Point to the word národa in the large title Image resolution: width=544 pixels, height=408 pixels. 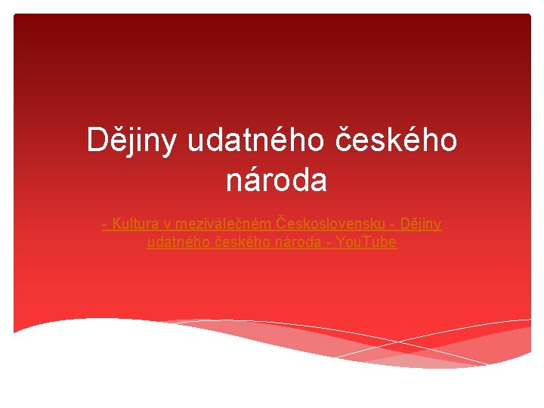coord(277,181)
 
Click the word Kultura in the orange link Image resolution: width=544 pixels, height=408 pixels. coord(135,224)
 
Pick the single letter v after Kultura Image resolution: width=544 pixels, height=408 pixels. coord(167,224)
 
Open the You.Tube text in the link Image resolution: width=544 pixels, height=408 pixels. coord(367,243)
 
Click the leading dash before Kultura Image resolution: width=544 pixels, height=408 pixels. coord(104,224)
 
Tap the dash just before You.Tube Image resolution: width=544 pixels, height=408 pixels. coord(329,243)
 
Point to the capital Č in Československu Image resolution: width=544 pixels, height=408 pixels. coord(282,224)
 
